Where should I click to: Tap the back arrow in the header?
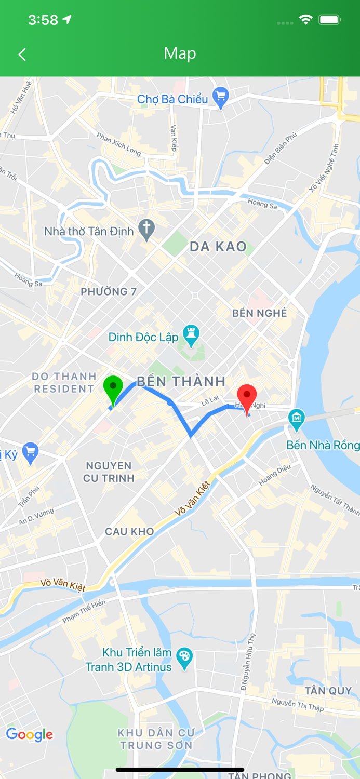[x=22, y=55]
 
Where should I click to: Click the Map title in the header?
[x=180, y=53]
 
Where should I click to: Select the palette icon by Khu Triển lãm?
[x=184, y=658]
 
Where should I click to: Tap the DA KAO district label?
[x=218, y=247]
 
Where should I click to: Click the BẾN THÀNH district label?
[x=181, y=382]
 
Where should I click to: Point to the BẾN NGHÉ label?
[x=259, y=313]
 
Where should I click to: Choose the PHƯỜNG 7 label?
[x=109, y=292]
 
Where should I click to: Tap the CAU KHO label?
[x=129, y=531]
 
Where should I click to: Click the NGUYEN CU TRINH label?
[x=109, y=472]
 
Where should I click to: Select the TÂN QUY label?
[x=328, y=691]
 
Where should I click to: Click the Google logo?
[x=29, y=735]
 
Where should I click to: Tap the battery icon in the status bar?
[x=329, y=20]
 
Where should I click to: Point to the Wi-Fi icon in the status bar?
[x=305, y=20]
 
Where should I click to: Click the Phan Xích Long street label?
[x=118, y=144]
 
